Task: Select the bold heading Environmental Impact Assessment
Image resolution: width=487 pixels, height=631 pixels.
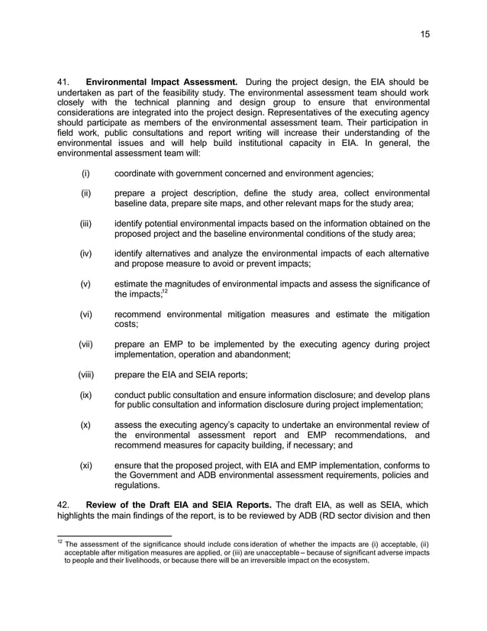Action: (x=161, y=83)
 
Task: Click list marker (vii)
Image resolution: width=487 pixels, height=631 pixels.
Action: (x=85, y=344)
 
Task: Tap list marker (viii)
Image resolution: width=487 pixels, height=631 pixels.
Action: (x=85, y=374)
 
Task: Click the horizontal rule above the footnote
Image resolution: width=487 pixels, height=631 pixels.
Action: (x=114, y=535)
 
